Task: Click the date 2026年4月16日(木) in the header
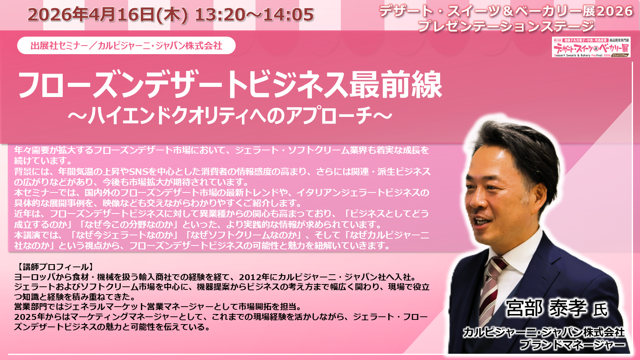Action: click(108, 14)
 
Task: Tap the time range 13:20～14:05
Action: click(254, 14)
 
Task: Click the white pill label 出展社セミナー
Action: click(126, 46)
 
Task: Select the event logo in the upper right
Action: click(591, 47)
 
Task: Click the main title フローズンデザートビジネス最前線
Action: click(230, 85)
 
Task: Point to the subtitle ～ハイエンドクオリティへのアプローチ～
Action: click(230, 115)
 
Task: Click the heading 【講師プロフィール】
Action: click(54, 267)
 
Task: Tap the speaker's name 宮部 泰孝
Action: click(546, 308)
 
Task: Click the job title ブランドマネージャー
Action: click(572, 345)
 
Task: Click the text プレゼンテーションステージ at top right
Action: click(506, 26)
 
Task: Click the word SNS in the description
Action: click(138, 171)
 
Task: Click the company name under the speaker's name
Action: click(544, 332)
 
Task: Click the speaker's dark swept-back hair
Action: click(514, 146)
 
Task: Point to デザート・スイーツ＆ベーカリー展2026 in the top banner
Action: click(506, 11)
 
